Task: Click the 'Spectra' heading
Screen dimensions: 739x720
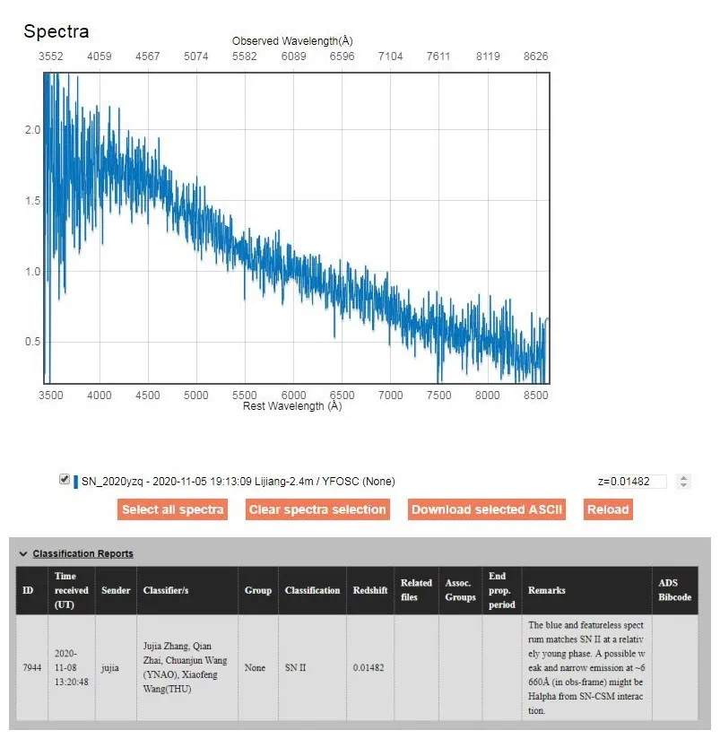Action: point(56,31)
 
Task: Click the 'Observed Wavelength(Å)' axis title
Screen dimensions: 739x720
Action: point(292,41)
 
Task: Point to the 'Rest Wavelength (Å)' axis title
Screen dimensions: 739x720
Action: point(292,406)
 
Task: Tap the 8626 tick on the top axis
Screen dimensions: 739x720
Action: point(534,56)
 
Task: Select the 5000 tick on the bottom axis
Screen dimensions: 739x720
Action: point(196,395)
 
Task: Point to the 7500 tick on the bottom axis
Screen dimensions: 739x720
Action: point(438,395)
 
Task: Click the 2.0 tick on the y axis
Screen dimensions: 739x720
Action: point(32,130)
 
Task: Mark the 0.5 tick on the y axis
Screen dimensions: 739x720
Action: point(32,341)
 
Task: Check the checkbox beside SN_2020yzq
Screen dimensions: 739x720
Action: point(65,480)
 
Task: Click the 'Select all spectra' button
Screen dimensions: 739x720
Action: point(172,509)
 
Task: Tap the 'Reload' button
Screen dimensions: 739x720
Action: point(608,509)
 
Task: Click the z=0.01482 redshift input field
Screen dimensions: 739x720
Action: point(631,482)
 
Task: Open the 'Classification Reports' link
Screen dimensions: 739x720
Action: point(82,553)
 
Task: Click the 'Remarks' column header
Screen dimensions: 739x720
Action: point(547,590)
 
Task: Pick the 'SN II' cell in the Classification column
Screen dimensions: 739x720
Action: point(296,668)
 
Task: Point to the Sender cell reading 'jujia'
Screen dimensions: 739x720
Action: point(110,668)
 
